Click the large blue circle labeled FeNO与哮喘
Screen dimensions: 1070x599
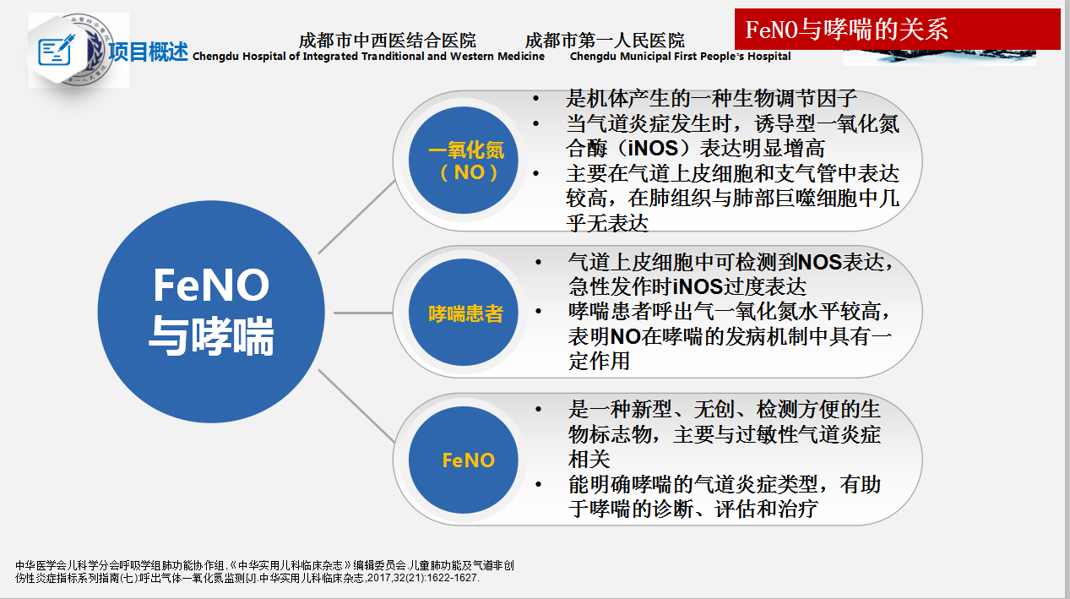[211, 312]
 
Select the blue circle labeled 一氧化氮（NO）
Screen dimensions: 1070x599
[464, 161]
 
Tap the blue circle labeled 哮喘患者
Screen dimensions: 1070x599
[464, 312]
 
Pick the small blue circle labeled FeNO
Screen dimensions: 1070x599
[464, 460]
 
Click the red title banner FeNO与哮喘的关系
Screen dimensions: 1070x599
[897, 30]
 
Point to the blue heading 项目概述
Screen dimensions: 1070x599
[148, 52]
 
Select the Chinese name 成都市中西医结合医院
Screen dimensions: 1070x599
[388, 41]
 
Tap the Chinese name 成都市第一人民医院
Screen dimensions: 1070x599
[605, 41]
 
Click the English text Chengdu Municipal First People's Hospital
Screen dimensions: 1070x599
[680, 57]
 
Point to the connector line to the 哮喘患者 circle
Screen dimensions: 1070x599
[363, 313]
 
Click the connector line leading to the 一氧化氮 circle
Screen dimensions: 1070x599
[357, 216]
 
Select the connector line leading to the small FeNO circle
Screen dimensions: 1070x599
[356, 406]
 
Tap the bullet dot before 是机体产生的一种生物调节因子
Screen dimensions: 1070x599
[536, 99]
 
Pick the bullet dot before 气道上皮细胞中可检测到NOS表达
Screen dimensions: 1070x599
[538, 262]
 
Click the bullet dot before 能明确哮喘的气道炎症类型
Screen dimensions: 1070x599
[538, 484]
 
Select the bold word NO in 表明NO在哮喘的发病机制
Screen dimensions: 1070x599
[625, 336]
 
